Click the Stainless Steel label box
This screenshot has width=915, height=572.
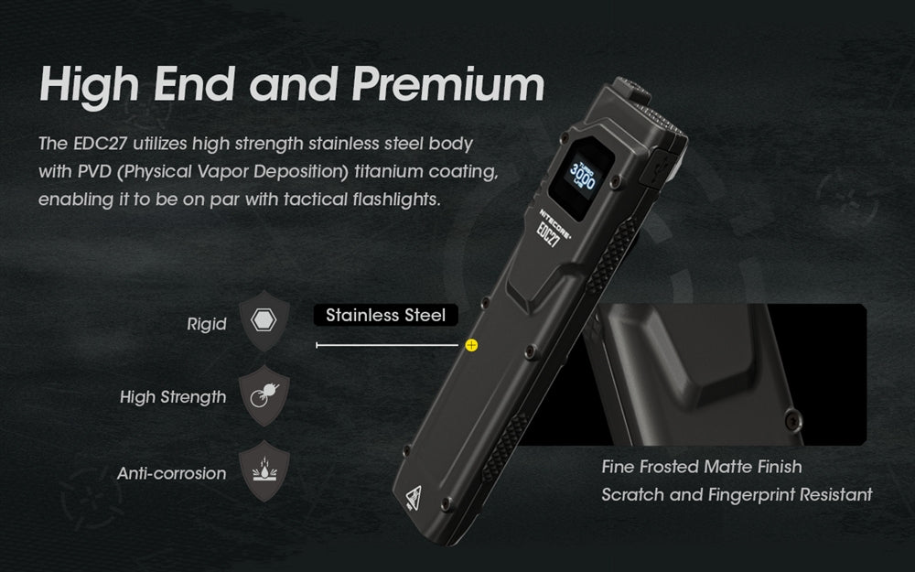(386, 315)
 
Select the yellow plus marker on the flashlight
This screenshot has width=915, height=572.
(472, 345)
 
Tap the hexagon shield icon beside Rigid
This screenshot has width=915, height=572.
(264, 322)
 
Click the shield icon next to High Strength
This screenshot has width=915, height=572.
(264, 396)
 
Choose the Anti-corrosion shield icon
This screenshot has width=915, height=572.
(264, 472)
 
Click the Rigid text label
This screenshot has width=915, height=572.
(206, 324)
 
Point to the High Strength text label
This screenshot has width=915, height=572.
(173, 397)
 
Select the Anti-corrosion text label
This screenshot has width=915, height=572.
(171, 473)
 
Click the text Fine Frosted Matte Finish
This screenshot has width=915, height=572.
(702, 467)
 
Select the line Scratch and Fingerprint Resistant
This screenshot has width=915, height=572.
(737, 495)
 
